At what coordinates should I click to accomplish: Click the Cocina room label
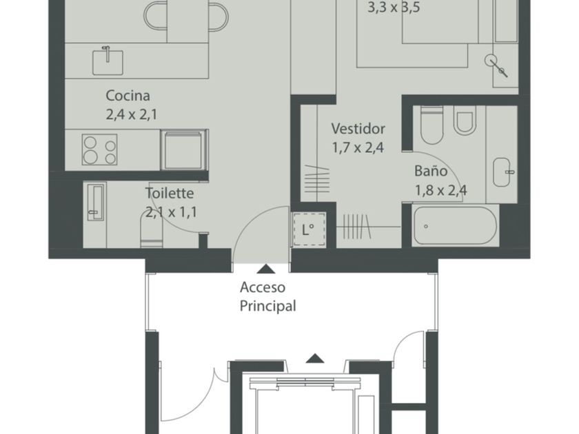128,96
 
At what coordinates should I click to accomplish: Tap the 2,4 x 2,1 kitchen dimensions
132,114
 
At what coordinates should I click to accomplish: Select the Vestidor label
358,128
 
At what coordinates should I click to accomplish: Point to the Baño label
431,171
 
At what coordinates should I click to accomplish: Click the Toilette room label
169,193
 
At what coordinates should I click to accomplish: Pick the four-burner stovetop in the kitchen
99,149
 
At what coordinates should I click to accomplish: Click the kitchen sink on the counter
108,61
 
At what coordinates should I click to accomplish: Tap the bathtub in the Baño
454,226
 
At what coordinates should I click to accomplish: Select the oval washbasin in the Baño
504,172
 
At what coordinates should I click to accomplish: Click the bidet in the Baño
464,121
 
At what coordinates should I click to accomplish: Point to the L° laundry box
309,229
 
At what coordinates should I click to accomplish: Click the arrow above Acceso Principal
266,269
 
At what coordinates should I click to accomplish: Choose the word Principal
267,307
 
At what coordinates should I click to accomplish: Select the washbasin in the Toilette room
95,203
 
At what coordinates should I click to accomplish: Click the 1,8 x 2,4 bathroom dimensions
441,190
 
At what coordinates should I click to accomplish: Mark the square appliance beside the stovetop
183,150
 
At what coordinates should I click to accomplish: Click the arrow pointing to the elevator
315,358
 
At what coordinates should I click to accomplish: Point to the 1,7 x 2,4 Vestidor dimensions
358,147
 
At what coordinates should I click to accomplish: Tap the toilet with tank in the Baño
431,125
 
